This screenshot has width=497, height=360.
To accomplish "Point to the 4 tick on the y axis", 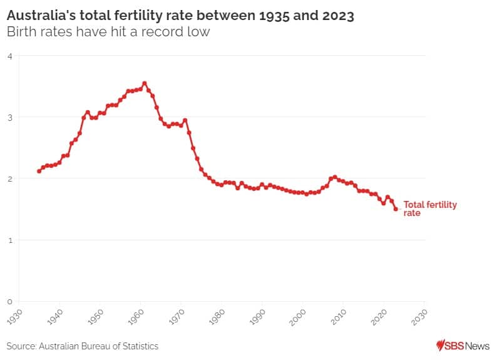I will point(10,56).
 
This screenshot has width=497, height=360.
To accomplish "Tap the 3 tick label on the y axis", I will point(10,118).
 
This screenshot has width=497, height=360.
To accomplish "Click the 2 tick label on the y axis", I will point(10,179).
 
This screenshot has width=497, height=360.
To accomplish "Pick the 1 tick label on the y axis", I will point(10,240).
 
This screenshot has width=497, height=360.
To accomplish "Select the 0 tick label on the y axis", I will point(10,302).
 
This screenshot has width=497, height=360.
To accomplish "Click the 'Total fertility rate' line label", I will point(429,208).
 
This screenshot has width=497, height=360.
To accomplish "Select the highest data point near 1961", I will point(145,83).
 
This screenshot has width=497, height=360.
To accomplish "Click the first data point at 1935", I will point(39,171).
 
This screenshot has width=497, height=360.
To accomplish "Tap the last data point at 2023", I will point(396,209).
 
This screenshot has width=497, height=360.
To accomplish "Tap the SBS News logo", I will point(463,346).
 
